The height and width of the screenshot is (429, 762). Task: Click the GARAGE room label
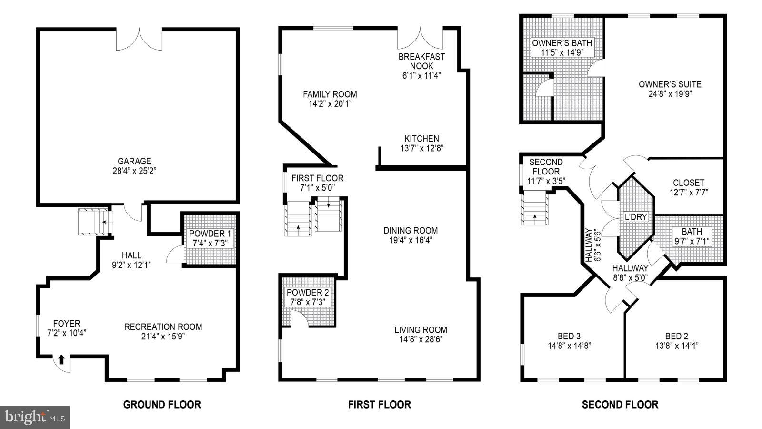(x=135, y=161)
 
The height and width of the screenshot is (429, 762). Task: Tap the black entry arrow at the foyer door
(x=61, y=359)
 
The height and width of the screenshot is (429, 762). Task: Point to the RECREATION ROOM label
(x=163, y=327)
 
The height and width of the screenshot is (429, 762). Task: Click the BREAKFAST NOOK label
(x=421, y=61)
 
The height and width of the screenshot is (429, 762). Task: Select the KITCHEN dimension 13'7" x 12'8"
(x=421, y=148)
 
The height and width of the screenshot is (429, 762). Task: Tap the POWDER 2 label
(x=307, y=292)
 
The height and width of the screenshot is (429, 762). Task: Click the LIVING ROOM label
(x=421, y=330)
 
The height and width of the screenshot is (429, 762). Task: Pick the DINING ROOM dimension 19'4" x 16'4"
(x=411, y=240)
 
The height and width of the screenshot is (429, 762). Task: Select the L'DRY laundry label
(x=636, y=217)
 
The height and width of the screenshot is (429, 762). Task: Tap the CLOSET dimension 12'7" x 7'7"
(x=689, y=192)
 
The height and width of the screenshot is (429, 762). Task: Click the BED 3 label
(x=569, y=336)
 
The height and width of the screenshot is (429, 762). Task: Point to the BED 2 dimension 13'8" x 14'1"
(x=676, y=346)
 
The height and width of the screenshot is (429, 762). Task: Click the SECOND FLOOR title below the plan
(x=620, y=405)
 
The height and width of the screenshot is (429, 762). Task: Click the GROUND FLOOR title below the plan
(x=162, y=405)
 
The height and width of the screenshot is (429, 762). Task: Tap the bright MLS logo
(x=35, y=418)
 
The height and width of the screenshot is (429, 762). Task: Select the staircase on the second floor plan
(x=535, y=208)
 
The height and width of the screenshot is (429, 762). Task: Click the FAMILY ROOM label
(x=330, y=94)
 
